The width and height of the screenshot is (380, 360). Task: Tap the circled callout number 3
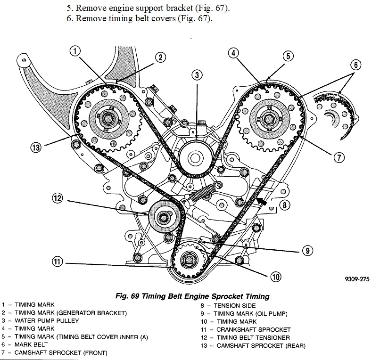point(197,74)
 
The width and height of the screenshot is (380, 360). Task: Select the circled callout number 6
point(355,65)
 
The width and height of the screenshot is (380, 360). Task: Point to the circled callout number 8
point(284,205)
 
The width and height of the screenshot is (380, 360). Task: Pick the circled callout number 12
point(57,198)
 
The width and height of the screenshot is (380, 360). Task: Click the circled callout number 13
point(35,147)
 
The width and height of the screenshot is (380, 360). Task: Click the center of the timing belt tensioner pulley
point(164,217)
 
